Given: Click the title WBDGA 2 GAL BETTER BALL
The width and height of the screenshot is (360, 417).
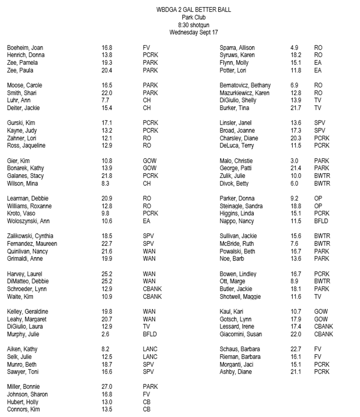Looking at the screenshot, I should coord(194,10).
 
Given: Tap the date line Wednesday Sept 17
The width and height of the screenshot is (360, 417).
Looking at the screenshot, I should coord(193,33).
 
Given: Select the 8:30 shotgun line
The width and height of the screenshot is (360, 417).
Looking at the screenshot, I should coord(193,25).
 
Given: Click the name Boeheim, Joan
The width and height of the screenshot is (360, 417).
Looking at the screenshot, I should coord(25,48).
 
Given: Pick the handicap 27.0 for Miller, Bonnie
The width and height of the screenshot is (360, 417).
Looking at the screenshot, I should coord(107,387).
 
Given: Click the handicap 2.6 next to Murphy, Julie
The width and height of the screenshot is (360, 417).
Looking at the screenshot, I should coord(106,335).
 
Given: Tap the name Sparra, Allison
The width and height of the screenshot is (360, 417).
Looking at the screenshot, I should coord(237,48).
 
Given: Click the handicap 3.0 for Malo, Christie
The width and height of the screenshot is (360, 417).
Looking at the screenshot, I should coord(294,161).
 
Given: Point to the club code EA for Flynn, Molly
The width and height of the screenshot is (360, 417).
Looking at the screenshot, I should coord(318,63).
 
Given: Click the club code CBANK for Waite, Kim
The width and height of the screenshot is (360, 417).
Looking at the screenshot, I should coord(152,297).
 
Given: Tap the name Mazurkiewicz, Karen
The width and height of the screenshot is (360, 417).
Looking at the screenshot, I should coord(245,93).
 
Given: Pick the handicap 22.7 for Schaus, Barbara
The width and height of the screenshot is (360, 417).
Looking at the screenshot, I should coord(296,350).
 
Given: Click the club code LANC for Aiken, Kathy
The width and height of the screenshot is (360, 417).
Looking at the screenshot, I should coord(150,350).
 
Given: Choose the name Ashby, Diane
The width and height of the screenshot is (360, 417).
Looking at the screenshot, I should coord(236,372).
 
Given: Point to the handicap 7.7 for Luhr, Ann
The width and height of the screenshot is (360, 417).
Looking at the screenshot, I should coord(106,100).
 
